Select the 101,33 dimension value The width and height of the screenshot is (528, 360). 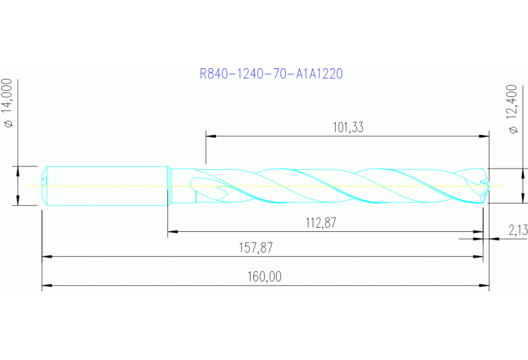(x=348, y=127)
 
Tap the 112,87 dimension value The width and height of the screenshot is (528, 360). (x=325, y=222)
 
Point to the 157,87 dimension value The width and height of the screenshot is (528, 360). (x=264, y=247)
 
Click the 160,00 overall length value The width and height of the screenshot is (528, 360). (x=264, y=277)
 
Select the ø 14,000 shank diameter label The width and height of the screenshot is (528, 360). (x=9, y=103)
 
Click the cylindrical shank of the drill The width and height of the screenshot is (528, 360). (x=107, y=185)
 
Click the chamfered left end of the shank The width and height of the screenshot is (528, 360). (x=45, y=185)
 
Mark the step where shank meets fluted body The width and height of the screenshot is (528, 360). (x=169, y=185)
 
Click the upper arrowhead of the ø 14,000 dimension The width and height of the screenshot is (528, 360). (x=17, y=170)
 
